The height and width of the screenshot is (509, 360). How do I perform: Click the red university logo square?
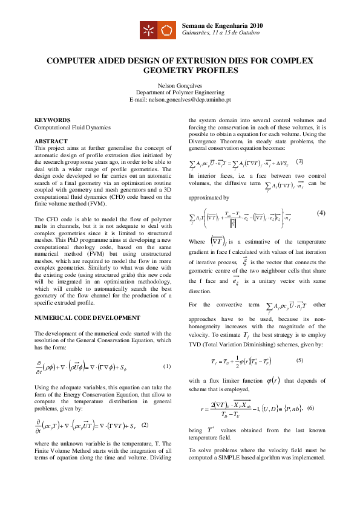pos(149,29)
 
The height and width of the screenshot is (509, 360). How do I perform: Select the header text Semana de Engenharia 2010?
pos(222,25)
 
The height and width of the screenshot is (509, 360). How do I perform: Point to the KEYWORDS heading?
pos(53,120)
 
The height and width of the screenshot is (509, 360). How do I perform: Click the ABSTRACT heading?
pos(51,141)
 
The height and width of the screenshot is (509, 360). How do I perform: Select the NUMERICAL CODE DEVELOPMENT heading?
pos(82,317)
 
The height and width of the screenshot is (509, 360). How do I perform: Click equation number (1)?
pos(167,367)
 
